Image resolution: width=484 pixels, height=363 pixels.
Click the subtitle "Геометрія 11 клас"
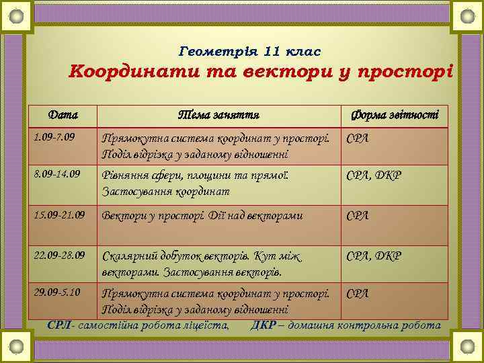pos(251,51)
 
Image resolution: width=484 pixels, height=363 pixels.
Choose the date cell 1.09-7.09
pos(54,138)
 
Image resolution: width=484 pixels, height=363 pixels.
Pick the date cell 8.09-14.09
pos(56,173)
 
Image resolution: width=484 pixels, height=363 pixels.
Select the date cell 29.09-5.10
pos(56,292)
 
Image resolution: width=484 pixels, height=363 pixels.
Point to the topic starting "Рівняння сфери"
pos(195,183)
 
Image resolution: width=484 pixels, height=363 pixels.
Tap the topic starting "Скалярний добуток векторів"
pos(201,264)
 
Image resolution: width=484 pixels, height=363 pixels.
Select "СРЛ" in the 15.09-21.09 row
pos(358,216)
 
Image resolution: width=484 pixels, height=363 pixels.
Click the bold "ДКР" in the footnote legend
pos(261,325)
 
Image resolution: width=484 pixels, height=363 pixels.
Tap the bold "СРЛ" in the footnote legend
pos(59,325)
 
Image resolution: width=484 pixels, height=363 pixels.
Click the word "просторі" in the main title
pos(411,71)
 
